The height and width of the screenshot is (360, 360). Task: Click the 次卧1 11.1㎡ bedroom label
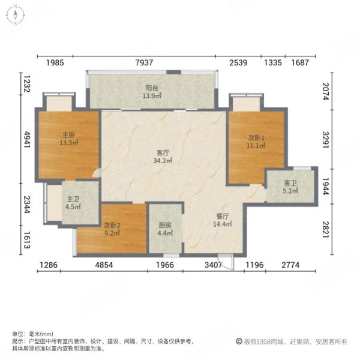point(257,142)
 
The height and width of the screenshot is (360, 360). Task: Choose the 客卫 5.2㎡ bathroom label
point(290,187)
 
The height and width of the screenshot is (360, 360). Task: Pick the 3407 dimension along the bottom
point(213,265)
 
